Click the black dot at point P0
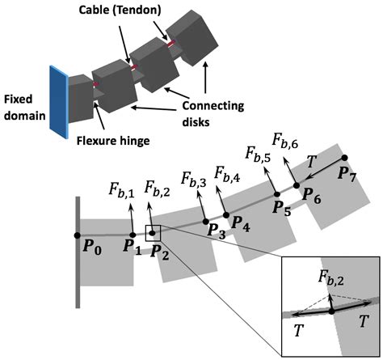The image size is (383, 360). (x=77, y=235)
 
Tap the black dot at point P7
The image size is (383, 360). (x=345, y=158)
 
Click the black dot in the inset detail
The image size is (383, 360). (x=331, y=311)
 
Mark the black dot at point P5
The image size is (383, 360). (x=276, y=194)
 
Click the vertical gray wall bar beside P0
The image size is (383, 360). (x=78, y=252)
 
